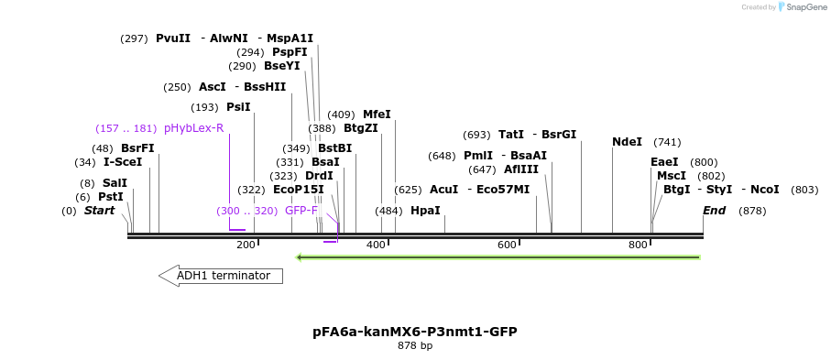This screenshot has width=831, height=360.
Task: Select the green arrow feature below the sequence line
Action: [x=498, y=256]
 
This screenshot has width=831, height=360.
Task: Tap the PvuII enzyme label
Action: [x=173, y=38]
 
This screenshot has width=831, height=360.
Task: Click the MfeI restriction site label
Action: [x=377, y=115]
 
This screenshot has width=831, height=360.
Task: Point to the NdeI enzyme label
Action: [x=627, y=142]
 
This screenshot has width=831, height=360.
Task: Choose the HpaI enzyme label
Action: [x=425, y=211]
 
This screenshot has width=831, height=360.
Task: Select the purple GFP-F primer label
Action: [x=301, y=211]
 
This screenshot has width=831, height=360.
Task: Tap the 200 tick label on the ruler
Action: [x=246, y=245]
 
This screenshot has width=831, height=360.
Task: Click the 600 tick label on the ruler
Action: [x=507, y=245]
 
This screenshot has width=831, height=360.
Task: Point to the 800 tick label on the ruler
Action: [x=638, y=245]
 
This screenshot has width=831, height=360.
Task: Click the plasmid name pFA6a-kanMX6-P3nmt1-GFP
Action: [x=415, y=331]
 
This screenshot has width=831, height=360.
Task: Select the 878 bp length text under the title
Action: [x=415, y=346]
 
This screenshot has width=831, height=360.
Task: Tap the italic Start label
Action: [x=100, y=211]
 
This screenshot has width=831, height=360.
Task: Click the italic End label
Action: [x=715, y=211]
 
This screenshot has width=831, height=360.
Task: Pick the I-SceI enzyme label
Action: [x=123, y=162]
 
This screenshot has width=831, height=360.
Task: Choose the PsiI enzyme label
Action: [x=238, y=107]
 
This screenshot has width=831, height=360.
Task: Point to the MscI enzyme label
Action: [x=672, y=176]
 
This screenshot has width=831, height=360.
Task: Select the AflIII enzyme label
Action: [x=521, y=169]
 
